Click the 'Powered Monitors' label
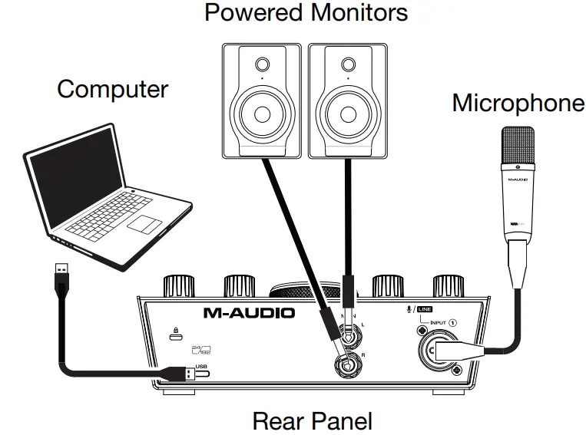306,13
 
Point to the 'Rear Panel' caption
312,420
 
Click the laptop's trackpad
141,224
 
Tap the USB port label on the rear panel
202,365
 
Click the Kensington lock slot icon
176,333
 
